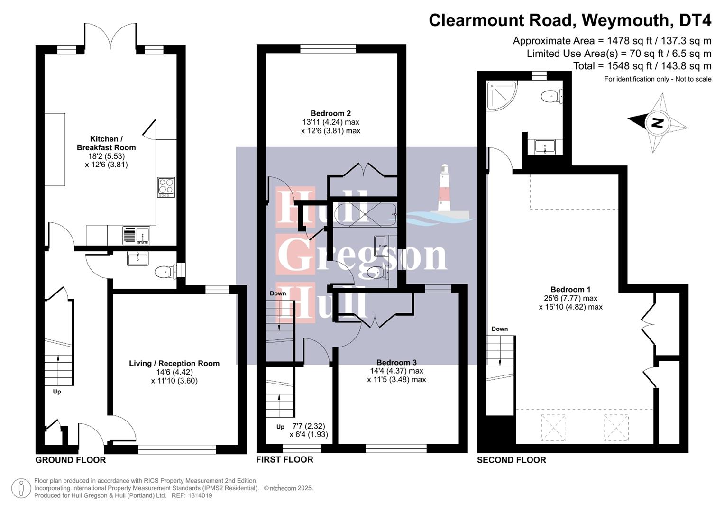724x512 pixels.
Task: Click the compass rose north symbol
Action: click(658, 123)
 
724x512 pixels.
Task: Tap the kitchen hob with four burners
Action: click(166, 187)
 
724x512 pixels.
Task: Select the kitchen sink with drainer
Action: click(136, 235)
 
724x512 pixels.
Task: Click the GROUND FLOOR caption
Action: click(71, 460)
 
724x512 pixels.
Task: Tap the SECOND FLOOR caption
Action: click(511, 460)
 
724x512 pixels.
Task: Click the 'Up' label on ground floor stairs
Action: click(57, 392)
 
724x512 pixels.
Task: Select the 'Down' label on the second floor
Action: click(499, 329)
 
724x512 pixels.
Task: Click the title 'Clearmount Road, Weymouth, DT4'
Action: click(570, 20)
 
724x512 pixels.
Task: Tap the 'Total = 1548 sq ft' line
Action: click(642, 66)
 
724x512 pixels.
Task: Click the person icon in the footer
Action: click(21, 488)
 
